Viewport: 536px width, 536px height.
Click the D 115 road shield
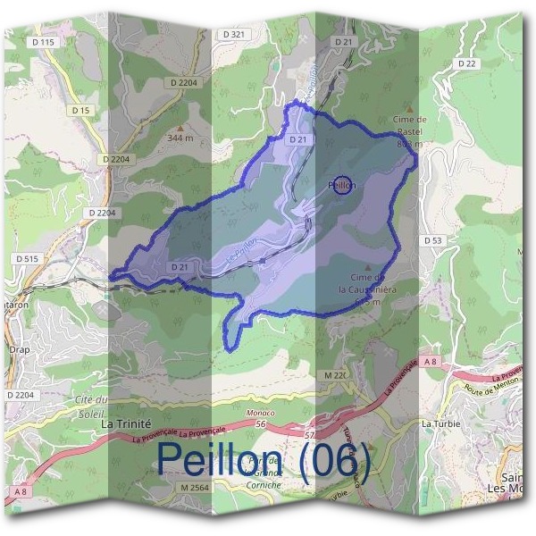[43, 42]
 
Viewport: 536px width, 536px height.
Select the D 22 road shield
[466, 63]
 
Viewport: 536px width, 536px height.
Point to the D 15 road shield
[81, 110]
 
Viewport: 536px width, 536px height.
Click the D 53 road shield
[433, 240]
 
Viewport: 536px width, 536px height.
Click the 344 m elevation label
[181, 138]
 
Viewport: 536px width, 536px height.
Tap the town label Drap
[20, 350]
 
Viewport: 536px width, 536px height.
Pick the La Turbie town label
[440, 423]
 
